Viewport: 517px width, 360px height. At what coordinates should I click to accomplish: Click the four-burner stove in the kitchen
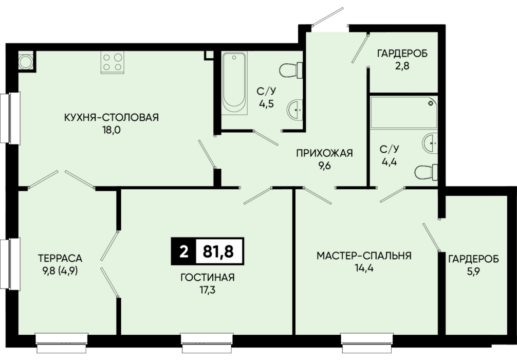coord(113,62)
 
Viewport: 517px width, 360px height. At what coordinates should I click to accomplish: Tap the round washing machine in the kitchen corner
coord(26,61)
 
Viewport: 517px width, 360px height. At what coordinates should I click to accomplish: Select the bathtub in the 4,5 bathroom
coord(234,83)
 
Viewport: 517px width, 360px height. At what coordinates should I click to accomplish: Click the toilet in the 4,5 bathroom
coord(291,70)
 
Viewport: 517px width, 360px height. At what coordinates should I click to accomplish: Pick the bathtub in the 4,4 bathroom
coord(404,113)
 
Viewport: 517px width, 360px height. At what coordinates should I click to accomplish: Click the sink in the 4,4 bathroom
coord(430,143)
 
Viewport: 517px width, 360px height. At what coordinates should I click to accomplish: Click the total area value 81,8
coord(218,251)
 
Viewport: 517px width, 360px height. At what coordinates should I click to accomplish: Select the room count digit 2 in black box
coord(184,252)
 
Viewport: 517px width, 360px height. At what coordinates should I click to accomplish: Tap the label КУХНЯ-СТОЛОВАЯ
coord(112,117)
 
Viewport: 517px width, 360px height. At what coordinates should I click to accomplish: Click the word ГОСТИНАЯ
coord(208,278)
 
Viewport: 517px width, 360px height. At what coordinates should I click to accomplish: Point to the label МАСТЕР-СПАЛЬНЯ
coord(364,256)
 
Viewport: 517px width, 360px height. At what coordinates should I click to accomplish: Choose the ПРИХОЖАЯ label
coord(324,153)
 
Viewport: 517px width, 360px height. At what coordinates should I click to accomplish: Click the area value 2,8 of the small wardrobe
coord(402,66)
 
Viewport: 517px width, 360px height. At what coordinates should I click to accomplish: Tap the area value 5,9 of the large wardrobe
coord(473,272)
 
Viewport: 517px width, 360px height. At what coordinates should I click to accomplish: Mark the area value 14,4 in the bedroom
coord(364,268)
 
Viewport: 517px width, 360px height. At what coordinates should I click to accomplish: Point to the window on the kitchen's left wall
coord(10,118)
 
